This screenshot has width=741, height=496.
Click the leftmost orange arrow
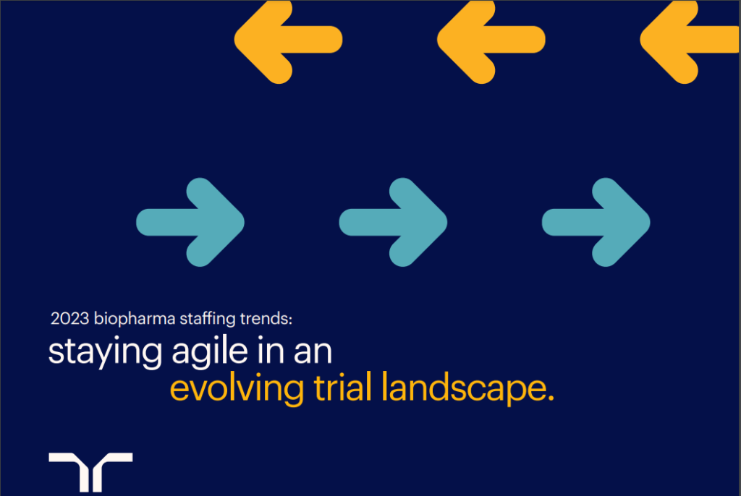(x=287, y=40)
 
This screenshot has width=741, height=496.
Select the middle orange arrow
(x=491, y=40)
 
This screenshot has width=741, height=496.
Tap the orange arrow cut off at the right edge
(x=690, y=40)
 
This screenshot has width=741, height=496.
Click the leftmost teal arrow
(x=190, y=222)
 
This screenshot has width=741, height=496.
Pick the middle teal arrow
(x=393, y=222)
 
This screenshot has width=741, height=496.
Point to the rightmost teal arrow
(x=596, y=222)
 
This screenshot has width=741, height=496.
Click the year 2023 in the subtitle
(x=70, y=318)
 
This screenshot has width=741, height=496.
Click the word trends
(x=264, y=318)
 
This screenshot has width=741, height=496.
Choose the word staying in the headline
(x=105, y=352)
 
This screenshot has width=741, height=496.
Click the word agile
(x=210, y=352)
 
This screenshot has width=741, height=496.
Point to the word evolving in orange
(x=237, y=389)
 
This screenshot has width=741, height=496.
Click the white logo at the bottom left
(x=90, y=471)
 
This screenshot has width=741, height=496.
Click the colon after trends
(x=291, y=320)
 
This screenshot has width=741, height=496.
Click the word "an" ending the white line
(x=313, y=354)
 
